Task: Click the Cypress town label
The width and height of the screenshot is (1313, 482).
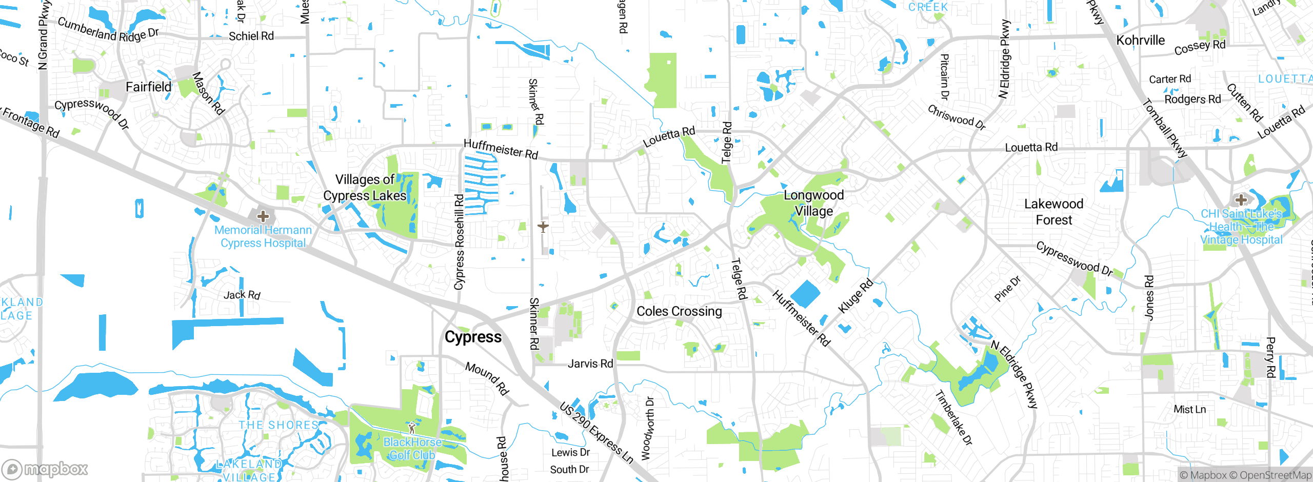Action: pyautogui.click(x=473, y=337)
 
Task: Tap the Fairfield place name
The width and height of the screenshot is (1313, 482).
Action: pyautogui.click(x=149, y=87)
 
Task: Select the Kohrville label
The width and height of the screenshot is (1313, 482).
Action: pyautogui.click(x=1141, y=40)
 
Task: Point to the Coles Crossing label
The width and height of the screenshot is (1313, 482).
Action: pyautogui.click(x=679, y=311)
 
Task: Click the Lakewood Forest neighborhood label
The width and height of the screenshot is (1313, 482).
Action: pyautogui.click(x=1054, y=212)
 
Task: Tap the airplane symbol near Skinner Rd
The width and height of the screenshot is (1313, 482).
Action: pyautogui.click(x=543, y=226)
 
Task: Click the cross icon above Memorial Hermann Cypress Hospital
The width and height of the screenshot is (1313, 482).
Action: pyautogui.click(x=263, y=216)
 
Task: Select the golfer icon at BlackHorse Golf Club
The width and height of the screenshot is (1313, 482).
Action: pyautogui.click(x=411, y=427)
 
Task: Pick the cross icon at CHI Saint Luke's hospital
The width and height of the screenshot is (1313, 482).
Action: pyautogui.click(x=1241, y=199)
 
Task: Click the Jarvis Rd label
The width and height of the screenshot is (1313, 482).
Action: pyautogui.click(x=590, y=364)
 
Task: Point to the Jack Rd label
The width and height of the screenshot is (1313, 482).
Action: pyautogui.click(x=242, y=295)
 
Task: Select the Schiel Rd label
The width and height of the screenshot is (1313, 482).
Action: pyautogui.click(x=251, y=36)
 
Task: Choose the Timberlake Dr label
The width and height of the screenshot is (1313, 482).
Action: pyautogui.click(x=953, y=417)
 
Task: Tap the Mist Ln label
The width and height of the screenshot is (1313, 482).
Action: pyautogui.click(x=1190, y=409)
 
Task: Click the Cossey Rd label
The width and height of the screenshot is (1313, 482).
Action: pyautogui.click(x=1200, y=47)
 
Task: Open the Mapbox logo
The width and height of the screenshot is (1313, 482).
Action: pyautogui.click(x=45, y=469)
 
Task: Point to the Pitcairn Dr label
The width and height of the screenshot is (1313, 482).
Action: pyautogui.click(x=944, y=77)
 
